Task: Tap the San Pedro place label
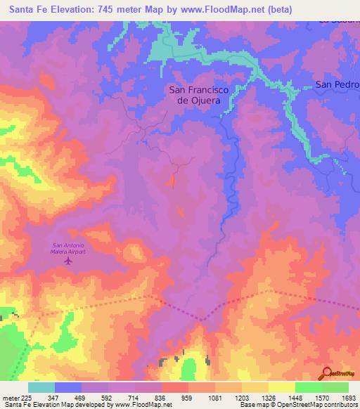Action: tap(337, 84)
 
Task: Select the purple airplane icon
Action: tap(68, 261)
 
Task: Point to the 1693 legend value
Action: tap(348, 398)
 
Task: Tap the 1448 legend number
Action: tap(295, 398)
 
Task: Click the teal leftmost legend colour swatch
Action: tap(41, 387)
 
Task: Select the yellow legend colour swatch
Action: tap(281, 387)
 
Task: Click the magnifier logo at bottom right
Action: tap(328, 372)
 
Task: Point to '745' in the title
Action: tap(101, 8)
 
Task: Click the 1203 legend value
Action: tap(241, 398)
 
